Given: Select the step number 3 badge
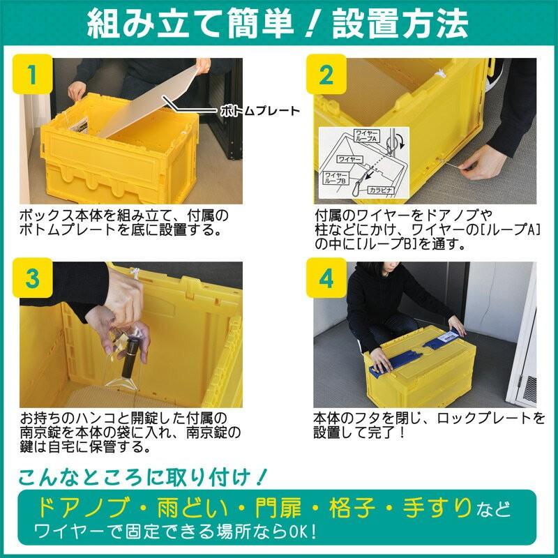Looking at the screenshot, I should (32, 278).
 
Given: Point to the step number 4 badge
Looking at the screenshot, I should (326, 278).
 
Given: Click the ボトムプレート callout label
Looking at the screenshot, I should (259, 110).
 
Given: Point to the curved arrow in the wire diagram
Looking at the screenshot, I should (400, 142).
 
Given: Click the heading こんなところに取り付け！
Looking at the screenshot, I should (143, 477).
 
